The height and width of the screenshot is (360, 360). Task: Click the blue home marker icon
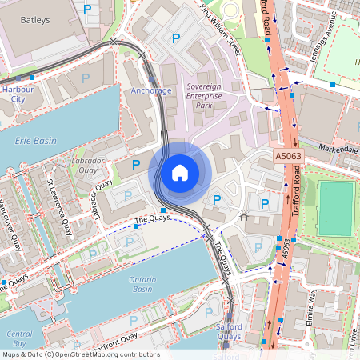[x=180, y=172]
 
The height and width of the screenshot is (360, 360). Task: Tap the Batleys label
[x=34, y=18]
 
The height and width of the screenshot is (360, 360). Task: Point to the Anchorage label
[x=150, y=90]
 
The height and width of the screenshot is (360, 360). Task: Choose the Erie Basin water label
[x=36, y=140]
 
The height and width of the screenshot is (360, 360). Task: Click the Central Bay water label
[x=18, y=337]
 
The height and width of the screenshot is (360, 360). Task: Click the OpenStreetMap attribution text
[x=80, y=354]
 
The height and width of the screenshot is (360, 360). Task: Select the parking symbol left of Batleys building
[x=87, y=9]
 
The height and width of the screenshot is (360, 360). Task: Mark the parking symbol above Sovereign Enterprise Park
[x=176, y=37]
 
